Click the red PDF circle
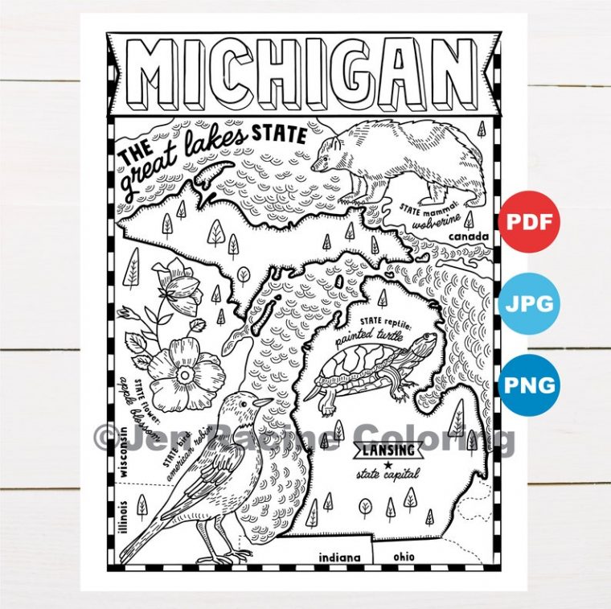coord(528,220)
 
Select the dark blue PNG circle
coord(528,384)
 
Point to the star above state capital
coord(388,463)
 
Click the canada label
coord(470,237)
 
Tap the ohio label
coord(404,556)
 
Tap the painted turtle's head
coord(422,345)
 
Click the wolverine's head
coord(330,153)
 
